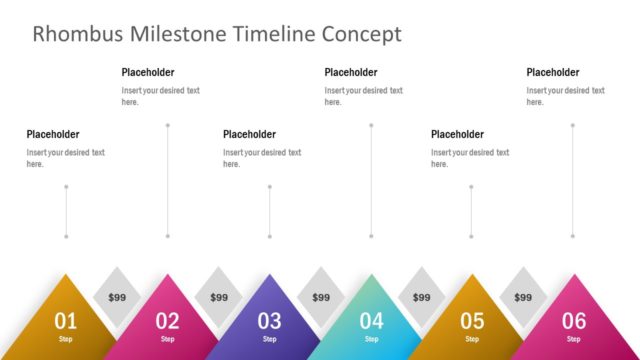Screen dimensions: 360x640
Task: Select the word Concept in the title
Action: coord(361,34)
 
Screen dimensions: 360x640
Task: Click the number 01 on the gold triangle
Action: coord(65,321)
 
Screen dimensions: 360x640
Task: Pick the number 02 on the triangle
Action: coord(167,321)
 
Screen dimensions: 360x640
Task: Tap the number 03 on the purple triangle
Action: coord(269,321)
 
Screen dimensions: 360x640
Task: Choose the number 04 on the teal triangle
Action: coord(371,321)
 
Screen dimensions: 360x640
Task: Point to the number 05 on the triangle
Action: coord(472,321)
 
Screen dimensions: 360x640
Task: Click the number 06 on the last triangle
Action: coord(574,321)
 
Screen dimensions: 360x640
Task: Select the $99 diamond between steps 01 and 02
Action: coord(117,297)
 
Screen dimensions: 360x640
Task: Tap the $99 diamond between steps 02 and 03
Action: coord(218,297)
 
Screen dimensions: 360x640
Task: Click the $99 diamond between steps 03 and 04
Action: coord(320,297)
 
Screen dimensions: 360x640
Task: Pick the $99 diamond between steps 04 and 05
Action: coord(422,297)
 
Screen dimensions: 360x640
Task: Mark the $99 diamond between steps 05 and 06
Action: coord(523,297)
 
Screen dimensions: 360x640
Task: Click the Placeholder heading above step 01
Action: coord(53,134)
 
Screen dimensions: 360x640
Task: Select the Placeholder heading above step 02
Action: coord(148,72)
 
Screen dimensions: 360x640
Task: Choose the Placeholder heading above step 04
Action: coord(351,72)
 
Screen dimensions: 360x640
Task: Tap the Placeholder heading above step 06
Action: coord(553,72)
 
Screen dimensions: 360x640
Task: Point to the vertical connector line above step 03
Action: coord(269,211)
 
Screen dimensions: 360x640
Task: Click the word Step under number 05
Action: coord(472,339)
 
